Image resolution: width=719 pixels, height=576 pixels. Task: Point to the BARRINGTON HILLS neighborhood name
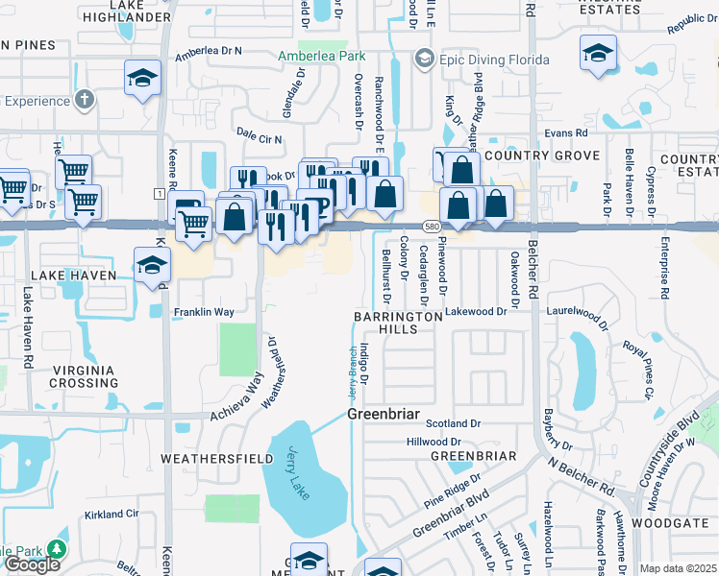point(398,322)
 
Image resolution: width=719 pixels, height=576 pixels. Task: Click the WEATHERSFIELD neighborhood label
point(216,459)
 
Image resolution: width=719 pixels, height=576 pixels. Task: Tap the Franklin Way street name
point(204,312)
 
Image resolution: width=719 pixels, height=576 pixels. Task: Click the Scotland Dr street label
point(454,423)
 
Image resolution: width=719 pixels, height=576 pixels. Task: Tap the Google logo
point(32,564)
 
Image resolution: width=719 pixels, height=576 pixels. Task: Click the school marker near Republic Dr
point(598,54)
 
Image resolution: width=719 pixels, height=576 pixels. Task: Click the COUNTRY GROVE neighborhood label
point(542,156)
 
